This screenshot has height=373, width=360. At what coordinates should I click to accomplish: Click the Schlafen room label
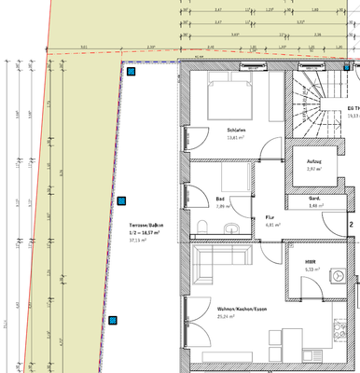pyautogui.click(x=235, y=130)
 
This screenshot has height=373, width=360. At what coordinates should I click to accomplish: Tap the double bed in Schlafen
pyautogui.click(x=229, y=95)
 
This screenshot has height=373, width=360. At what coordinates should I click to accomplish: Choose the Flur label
pyautogui.click(x=271, y=215)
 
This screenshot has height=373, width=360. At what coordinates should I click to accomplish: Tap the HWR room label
pyautogui.click(x=312, y=261)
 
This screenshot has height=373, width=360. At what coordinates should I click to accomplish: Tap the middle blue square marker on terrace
pyautogui.click(x=121, y=199)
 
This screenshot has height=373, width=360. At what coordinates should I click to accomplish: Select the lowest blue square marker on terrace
pyautogui.click(x=113, y=321)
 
